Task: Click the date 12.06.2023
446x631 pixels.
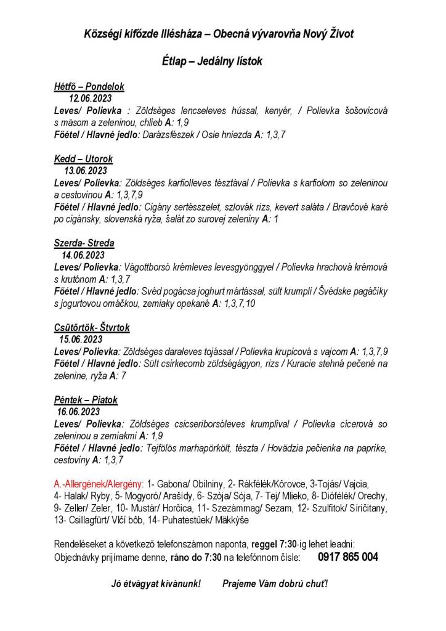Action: (90, 98)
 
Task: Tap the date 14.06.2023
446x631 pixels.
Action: (83, 254)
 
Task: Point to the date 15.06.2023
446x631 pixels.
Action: (80, 339)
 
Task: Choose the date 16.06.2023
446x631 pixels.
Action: (78, 412)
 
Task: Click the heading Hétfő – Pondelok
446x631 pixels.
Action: (89, 87)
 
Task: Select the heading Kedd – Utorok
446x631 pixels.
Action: (83, 159)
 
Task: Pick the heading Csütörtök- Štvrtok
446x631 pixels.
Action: (92, 328)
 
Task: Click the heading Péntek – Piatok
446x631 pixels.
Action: (86, 400)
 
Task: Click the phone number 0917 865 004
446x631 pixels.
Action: (348, 557)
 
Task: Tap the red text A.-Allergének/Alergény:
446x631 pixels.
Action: (99, 484)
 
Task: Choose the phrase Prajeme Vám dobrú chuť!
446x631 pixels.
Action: (275, 583)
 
